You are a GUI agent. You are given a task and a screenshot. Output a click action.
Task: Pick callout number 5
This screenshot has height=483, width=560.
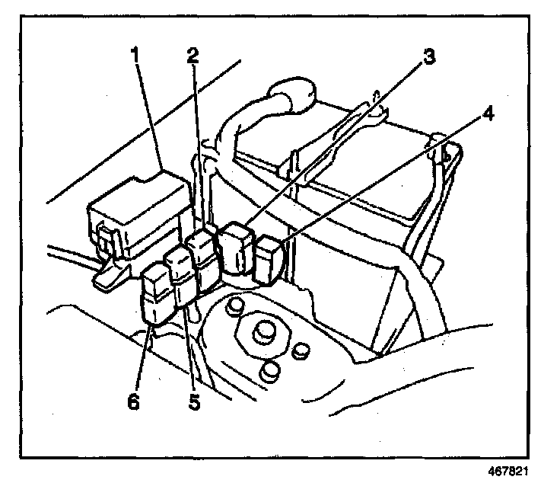point(195,401)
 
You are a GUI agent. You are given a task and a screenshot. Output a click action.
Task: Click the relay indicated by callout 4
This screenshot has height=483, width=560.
point(268,259)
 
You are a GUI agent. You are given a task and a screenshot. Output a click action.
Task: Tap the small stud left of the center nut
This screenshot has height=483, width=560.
point(234,306)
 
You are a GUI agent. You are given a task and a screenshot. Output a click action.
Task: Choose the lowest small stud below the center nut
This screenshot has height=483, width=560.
point(269,372)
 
